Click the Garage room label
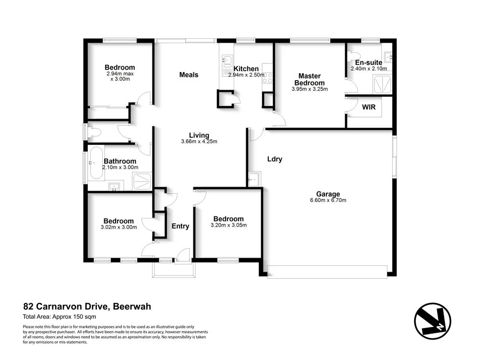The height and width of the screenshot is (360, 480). [x=328, y=194]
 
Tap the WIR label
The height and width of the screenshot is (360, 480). [x=369, y=107]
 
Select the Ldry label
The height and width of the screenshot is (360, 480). [x=275, y=159]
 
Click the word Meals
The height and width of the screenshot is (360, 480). [x=189, y=74]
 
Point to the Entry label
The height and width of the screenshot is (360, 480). [x=180, y=226]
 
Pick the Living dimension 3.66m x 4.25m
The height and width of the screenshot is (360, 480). [x=199, y=141]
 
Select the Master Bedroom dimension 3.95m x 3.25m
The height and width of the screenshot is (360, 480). [x=309, y=89]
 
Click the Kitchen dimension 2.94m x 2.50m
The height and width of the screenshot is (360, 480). [x=246, y=75]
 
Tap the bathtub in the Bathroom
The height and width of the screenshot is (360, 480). [x=96, y=164]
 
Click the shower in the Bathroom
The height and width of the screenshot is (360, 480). [x=142, y=181]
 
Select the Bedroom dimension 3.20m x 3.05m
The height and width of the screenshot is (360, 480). [x=228, y=225]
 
